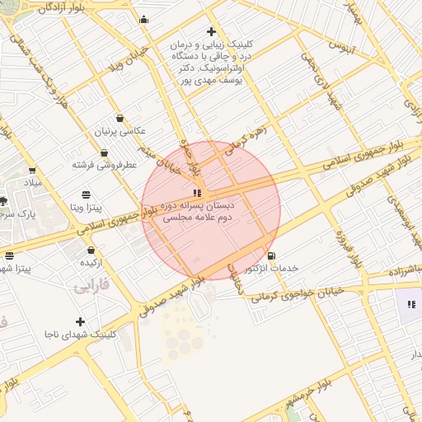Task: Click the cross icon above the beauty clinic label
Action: pos(212,30)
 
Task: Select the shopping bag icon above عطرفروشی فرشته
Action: pos(105,153)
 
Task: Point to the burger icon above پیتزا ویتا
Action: pos(87,194)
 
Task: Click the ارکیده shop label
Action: pos(91,262)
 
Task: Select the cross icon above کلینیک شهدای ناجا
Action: pos(80,321)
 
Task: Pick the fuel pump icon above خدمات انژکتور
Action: pos(271,256)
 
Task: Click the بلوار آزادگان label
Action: pos(60,7)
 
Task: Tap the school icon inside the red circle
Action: pos(196,192)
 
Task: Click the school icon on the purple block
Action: pos(411,305)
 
